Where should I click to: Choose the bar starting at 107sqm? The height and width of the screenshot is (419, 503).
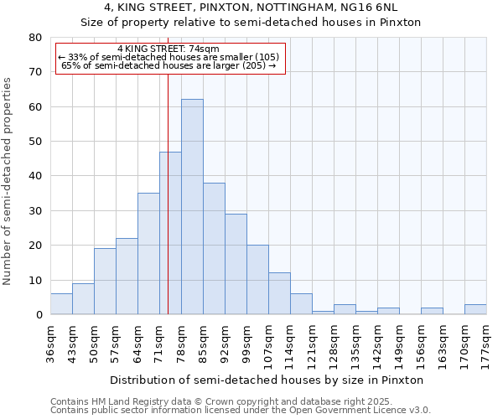279,293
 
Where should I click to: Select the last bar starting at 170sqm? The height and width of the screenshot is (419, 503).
475,309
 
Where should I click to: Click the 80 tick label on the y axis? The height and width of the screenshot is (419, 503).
34,38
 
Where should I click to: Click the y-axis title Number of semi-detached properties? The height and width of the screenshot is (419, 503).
8,181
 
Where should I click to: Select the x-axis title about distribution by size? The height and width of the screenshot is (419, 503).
267,380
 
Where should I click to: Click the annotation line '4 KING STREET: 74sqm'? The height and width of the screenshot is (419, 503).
169,49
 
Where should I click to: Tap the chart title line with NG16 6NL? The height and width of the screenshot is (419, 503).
251,8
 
